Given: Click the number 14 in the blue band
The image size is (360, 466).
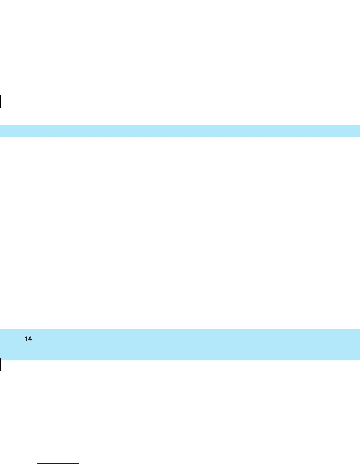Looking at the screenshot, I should [29, 339].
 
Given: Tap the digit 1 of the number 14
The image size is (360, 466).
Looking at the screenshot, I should [26, 339].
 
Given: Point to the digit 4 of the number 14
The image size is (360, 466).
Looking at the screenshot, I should [30, 339].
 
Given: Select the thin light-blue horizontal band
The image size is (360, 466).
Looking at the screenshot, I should [180, 131].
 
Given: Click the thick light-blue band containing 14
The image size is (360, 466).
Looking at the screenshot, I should [180, 344].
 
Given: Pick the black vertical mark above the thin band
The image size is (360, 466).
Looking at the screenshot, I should [1, 101].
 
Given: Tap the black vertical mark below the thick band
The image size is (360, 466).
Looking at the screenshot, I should [1, 365].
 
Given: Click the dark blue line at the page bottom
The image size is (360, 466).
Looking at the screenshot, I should [59, 464].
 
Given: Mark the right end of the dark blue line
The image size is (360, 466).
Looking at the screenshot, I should [79, 464].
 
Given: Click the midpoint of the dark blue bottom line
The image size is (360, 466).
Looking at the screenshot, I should [59, 464].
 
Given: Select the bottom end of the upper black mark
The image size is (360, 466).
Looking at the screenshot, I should [1, 108].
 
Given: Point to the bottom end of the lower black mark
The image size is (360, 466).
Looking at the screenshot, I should [1, 370].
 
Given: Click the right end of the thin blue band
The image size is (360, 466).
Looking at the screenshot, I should [359, 131].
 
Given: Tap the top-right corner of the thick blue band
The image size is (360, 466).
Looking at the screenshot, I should [359, 330].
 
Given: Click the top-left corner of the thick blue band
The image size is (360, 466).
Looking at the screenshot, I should [1, 330].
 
